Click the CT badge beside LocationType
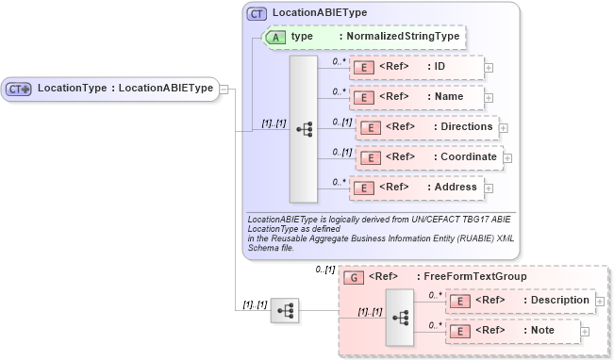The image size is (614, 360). tap(19, 89)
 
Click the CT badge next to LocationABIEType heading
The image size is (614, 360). tap(257, 13)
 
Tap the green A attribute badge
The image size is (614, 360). tap(275, 37)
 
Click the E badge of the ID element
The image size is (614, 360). tap(362, 67)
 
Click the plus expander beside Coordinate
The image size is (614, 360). tap(507, 156)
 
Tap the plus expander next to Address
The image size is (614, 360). tap(488, 187)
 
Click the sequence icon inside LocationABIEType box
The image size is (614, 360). tap(304, 129)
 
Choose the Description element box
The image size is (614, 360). tap(521, 301)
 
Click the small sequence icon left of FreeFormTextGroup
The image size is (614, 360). tap(285, 309)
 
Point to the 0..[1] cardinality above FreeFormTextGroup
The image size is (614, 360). tap(325, 270)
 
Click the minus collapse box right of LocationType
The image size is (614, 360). tap(224, 89)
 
